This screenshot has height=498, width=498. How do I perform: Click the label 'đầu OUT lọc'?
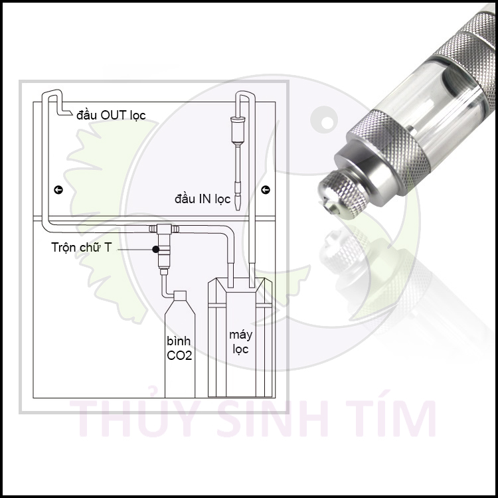110,116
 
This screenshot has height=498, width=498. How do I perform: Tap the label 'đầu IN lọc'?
202,198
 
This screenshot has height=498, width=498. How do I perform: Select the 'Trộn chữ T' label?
82,248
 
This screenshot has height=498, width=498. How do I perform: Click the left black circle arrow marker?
58,190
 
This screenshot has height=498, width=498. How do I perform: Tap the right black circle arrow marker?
266,190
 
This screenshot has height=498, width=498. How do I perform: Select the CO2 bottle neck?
179,297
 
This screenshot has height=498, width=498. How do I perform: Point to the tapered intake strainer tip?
238,199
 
